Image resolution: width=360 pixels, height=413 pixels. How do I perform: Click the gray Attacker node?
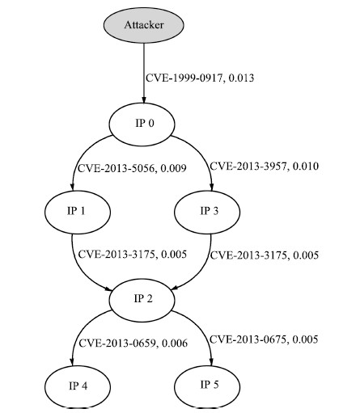pyautogui.click(x=144, y=25)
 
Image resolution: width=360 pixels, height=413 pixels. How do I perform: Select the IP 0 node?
pyautogui.click(x=142, y=124)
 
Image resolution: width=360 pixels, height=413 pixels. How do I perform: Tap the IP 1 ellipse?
pyautogui.click(x=78, y=212)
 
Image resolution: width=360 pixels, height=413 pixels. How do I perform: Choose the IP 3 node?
pyautogui.click(x=207, y=212)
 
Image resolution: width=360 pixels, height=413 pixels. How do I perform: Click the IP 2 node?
pyautogui.click(x=142, y=300)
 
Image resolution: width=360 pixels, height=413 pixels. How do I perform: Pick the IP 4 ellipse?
pyautogui.click(x=78, y=387)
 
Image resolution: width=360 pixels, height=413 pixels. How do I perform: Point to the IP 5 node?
pyautogui.click(x=207, y=387)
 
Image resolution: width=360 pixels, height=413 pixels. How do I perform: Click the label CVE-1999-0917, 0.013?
pyautogui.click(x=200, y=78)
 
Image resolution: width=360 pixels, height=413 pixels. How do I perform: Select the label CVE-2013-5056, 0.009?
pyautogui.click(x=132, y=168)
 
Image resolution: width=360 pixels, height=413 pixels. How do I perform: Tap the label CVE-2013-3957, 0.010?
pyautogui.click(x=265, y=166)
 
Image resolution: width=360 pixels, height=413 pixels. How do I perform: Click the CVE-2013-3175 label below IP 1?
pyautogui.click(x=132, y=255)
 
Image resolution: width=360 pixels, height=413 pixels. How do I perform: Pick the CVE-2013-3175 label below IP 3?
pyautogui.click(x=265, y=255)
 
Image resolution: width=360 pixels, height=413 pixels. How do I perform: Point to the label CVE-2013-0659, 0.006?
pyautogui.click(x=133, y=343)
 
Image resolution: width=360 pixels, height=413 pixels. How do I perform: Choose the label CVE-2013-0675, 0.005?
pyautogui.click(x=264, y=339)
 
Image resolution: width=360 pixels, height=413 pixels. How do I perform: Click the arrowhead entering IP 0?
pyautogui.click(x=144, y=99)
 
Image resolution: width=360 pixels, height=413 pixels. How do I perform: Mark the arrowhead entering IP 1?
pyautogui.click(x=72, y=187)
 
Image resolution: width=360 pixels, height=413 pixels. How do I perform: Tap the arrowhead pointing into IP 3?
pyautogui.click(x=211, y=187)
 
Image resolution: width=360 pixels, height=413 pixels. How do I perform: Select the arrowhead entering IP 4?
pyautogui.click(x=72, y=362)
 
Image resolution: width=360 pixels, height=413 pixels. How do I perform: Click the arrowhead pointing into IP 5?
pyautogui.click(x=211, y=362)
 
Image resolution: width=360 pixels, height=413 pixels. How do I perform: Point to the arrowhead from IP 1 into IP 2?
pyautogui.click(x=108, y=289)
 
